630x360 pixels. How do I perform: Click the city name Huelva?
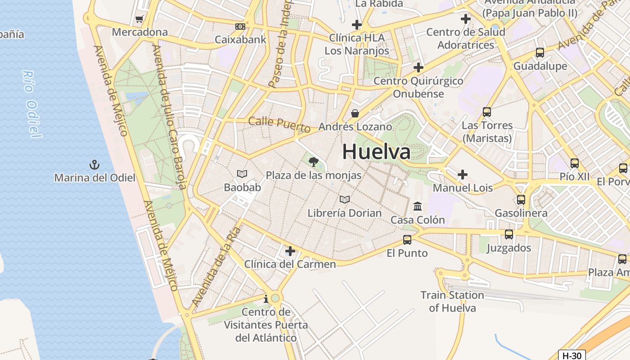(376, 152)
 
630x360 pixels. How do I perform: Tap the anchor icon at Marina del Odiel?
(94, 165)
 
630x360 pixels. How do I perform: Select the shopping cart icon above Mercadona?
(139, 19)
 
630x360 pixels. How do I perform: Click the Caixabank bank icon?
(240, 27)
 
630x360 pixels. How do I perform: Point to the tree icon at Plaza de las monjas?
(314, 162)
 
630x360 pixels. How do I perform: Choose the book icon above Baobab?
(242, 174)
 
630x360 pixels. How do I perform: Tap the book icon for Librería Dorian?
(345, 199)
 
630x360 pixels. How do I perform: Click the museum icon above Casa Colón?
(418, 207)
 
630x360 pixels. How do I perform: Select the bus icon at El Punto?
(407, 240)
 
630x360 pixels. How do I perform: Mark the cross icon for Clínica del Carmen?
(290, 251)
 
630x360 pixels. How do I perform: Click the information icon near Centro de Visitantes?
(266, 299)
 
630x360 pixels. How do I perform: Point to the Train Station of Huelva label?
(452, 301)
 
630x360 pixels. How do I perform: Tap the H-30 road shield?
(572, 355)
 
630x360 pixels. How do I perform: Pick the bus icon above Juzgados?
(509, 234)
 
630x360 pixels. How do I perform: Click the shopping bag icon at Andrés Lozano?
(355, 113)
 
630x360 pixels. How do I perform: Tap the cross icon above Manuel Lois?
(463, 175)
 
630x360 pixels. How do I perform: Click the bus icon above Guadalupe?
(540, 53)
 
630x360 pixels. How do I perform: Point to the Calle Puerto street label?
(279, 124)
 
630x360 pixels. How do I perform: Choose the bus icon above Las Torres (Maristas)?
(487, 112)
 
